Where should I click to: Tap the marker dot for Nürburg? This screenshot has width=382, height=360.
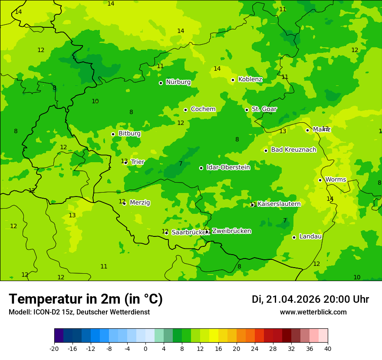click(x=161, y=83)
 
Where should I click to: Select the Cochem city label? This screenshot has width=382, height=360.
click(x=203, y=109)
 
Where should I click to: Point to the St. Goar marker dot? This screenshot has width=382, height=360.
click(x=247, y=110)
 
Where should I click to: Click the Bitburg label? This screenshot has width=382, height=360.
click(x=129, y=134)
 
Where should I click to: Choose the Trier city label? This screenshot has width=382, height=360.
click(x=138, y=162)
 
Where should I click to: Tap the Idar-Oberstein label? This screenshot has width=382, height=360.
click(x=228, y=167)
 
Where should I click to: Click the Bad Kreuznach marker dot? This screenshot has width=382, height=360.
click(x=266, y=151)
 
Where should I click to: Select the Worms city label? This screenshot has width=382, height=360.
click(x=336, y=180)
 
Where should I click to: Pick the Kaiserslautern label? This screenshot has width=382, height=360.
click(x=279, y=204)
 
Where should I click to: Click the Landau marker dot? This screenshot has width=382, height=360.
click(x=294, y=237)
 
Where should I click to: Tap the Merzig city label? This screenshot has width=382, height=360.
click(x=140, y=203)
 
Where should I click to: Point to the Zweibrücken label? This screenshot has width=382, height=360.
click(x=231, y=231)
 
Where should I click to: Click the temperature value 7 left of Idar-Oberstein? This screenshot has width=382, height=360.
click(x=181, y=164)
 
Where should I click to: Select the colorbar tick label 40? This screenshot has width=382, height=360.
click(x=328, y=349)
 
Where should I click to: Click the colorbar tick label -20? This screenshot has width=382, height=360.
click(x=54, y=349)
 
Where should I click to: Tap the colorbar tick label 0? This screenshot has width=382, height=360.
click(x=145, y=349)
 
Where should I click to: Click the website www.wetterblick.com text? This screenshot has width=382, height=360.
click(x=313, y=312)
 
